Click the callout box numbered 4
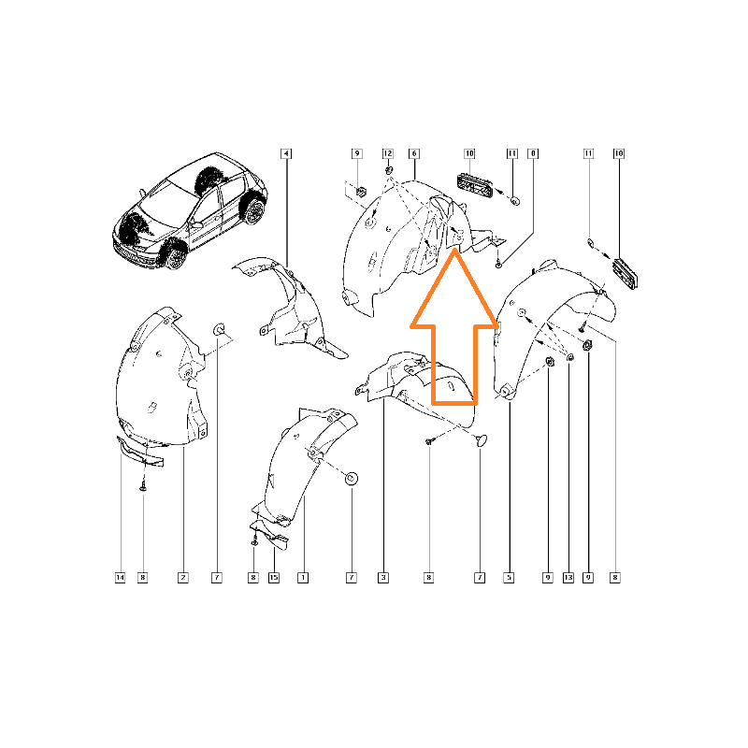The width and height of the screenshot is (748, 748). (286, 153)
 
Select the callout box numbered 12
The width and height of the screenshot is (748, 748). (388, 153)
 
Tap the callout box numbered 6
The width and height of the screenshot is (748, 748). (414, 153)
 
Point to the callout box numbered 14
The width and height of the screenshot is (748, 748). (121, 578)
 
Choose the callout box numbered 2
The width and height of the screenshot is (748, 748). (183, 578)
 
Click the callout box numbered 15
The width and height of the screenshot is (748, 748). (274, 578)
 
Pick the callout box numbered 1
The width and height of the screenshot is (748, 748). (303, 578)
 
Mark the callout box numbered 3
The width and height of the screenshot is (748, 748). (383, 578)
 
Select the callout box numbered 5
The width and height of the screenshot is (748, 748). (509, 578)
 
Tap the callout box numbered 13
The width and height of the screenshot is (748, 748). (568, 578)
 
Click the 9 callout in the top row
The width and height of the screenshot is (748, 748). (357, 153)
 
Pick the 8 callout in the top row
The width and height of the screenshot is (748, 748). (533, 153)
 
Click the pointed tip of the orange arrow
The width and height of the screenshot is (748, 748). (454, 249)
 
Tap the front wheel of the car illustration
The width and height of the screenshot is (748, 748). (175, 256)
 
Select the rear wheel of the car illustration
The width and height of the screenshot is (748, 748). (253, 211)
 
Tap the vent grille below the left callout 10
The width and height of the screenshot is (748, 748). (474, 184)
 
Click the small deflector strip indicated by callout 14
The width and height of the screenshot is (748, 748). (140, 452)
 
